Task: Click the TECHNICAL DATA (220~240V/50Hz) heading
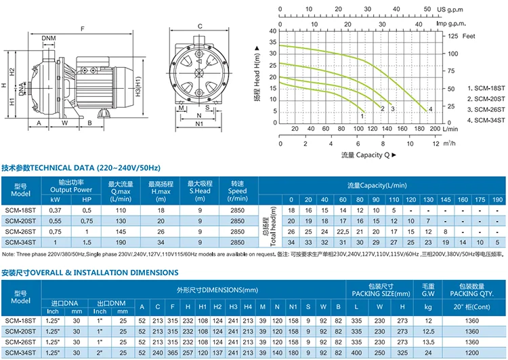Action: pyautogui.click(x=82, y=167)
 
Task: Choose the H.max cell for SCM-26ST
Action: pyautogui.click(x=161, y=231)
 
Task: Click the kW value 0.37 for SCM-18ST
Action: pyautogui.click(x=56, y=210)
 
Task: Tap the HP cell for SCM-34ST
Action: pyautogui.click(x=86, y=242)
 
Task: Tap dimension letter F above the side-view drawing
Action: pyautogui.click(x=83, y=28)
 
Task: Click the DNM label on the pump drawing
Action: pyautogui.click(x=49, y=38)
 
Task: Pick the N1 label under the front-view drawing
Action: pyautogui.click(x=199, y=125)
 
